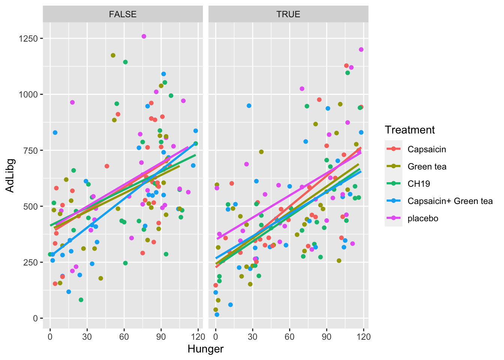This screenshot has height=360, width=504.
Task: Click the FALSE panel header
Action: (x=123, y=14)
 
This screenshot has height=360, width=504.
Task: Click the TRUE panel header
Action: (x=288, y=14)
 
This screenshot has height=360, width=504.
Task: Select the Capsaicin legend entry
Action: (x=427, y=149)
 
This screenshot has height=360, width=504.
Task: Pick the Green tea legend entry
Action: (x=427, y=166)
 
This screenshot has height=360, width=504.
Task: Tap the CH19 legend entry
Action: (x=418, y=184)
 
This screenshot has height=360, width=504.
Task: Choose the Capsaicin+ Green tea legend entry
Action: (x=450, y=201)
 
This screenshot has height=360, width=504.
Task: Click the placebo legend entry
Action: (x=423, y=218)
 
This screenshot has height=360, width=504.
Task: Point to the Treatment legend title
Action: (x=409, y=130)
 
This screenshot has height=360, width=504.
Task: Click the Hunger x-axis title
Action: (x=205, y=349)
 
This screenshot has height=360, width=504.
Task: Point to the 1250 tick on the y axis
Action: (x=28, y=39)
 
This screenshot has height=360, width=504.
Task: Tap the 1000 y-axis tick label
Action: (x=28, y=94)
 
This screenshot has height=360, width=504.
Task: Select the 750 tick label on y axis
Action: (x=31, y=150)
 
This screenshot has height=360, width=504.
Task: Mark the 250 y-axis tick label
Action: (x=31, y=262)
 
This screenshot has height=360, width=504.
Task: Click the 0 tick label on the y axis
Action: (x=36, y=318)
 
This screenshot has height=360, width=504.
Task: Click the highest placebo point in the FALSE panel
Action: (x=144, y=36)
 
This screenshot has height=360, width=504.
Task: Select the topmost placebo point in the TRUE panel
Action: (x=361, y=49)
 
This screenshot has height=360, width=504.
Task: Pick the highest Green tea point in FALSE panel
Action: (x=113, y=55)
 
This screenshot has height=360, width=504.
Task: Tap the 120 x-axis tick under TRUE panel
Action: (x=364, y=336)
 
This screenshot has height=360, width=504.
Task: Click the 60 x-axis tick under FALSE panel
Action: (x=124, y=336)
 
